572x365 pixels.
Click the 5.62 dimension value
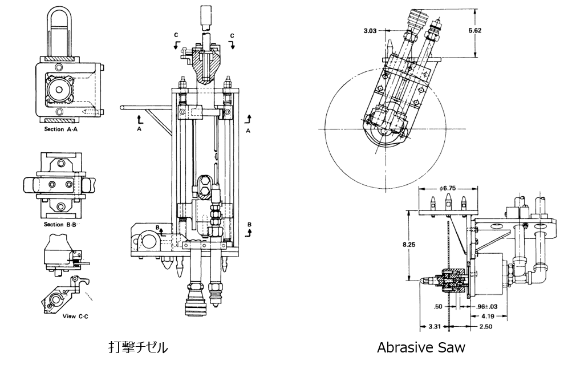[474, 31]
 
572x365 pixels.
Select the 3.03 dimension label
[370, 31]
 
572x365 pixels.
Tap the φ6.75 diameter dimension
[448, 189]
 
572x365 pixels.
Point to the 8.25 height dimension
[409, 245]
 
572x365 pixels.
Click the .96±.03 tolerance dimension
[486, 306]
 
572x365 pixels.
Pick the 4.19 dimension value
[488, 316]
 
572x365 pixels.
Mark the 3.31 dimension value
[434, 326]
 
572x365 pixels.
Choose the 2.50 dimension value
[485, 326]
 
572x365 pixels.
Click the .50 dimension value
[438, 306]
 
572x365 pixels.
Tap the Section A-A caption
[61, 129]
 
